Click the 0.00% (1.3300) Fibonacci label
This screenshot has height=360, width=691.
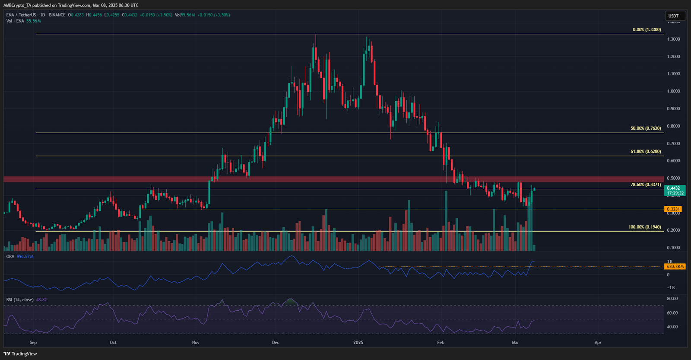pyautogui.click(x=647, y=30)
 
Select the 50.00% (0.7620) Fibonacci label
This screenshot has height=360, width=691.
pyautogui.click(x=646, y=128)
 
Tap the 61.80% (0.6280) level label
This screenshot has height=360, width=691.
pyautogui.click(x=646, y=152)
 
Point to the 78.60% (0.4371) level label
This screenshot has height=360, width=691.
pyautogui.click(x=646, y=185)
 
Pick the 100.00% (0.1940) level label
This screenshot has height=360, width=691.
pyautogui.click(x=644, y=227)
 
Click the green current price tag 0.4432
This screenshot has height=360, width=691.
pyautogui.click(x=673, y=188)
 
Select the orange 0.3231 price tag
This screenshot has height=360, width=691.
pyautogui.click(x=673, y=209)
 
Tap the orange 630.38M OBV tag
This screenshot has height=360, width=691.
pyautogui.click(x=675, y=267)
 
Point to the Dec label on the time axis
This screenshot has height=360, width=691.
pyautogui.click(x=276, y=343)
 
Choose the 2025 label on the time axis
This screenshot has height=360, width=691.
pyautogui.click(x=358, y=343)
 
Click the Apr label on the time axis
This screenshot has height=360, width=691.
pyautogui.click(x=598, y=343)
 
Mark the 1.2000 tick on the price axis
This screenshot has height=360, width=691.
pyautogui.click(x=673, y=57)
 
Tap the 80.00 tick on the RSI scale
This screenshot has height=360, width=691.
pyautogui.click(x=672, y=299)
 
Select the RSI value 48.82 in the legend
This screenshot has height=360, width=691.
pyautogui.click(x=41, y=299)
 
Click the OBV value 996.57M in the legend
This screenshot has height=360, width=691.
pyautogui.click(x=25, y=257)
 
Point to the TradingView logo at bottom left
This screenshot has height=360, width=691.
pyautogui.click(x=20, y=354)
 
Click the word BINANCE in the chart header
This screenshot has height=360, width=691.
pyautogui.click(x=57, y=15)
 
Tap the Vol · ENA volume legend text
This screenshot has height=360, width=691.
pyautogui.click(x=15, y=21)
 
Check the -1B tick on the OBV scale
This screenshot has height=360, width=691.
pyautogui.click(x=671, y=288)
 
